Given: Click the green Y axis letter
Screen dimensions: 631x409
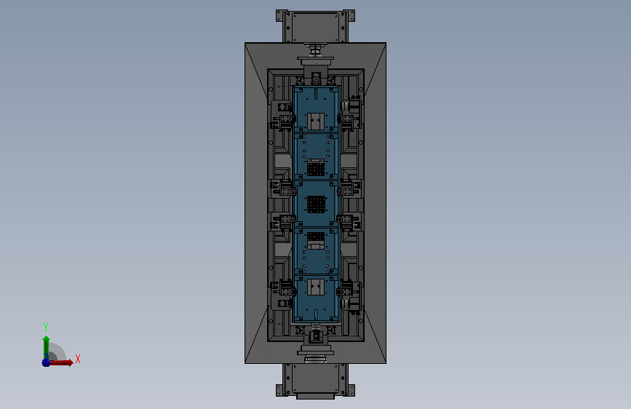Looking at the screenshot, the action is pos(46,327).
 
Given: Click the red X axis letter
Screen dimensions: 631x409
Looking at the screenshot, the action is pos(78,359).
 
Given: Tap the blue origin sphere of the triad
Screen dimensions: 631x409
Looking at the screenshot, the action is pos(46,362).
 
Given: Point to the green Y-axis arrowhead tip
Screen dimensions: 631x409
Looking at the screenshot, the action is pos(46,335).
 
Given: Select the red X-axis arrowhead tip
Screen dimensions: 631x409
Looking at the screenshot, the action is pos(74,362).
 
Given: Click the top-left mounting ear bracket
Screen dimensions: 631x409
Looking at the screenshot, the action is pos(281,16).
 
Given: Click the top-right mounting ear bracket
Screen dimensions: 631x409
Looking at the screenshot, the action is pos(349,16).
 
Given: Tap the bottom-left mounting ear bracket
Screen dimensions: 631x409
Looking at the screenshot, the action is pos(281,390).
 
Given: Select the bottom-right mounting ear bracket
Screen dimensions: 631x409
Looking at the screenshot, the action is pos(349,390).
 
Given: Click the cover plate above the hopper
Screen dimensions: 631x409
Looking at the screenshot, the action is pos(316,27).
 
